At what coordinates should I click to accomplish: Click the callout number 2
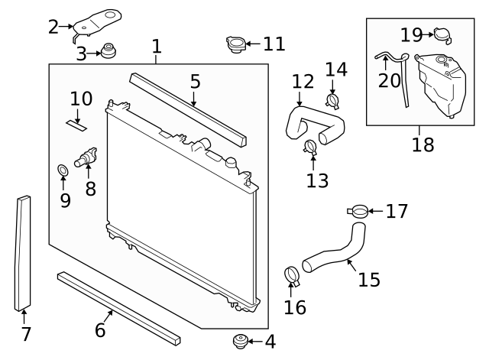coord(53,27)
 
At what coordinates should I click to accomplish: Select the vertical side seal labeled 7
coord(23,252)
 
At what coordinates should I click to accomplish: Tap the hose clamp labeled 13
coord(311,148)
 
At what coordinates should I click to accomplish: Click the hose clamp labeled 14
coord(332,101)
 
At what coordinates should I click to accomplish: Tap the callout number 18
coord(423,144)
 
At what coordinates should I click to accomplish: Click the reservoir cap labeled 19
coord(441,34)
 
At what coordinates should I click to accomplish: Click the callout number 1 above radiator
coord(156,47)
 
